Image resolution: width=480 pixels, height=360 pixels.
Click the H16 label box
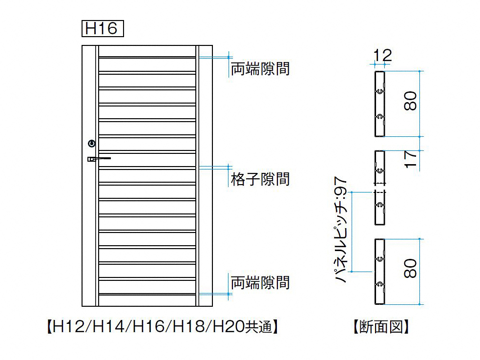pos(102,28)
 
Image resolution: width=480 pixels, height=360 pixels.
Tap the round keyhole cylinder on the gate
pos(91,143)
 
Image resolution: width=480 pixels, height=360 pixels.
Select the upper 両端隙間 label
pos(260,69)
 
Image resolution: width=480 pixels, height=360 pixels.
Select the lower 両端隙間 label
pos(260,282)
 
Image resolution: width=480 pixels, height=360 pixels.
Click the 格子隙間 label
pos(260,179)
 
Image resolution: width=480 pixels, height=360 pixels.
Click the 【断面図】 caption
pos(380,326)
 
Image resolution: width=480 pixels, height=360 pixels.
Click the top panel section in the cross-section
pos(379,104)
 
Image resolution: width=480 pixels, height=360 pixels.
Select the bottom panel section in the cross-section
pos(379,272)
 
